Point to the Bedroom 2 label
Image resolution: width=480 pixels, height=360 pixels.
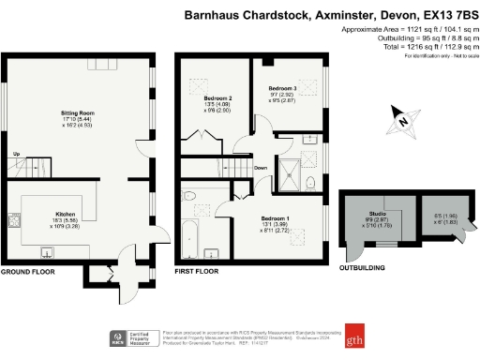click(x=217, y=97)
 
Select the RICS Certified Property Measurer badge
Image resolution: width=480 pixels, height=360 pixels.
click(x=131, y=338)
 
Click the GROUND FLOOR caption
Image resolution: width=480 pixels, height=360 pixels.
click(x=27, y=272)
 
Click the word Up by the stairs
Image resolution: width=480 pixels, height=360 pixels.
click(x=16, y=155)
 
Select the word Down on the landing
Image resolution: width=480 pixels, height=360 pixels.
click(x=261, y=169)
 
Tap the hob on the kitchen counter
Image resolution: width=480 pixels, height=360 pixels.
click(x=15, y=223)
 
